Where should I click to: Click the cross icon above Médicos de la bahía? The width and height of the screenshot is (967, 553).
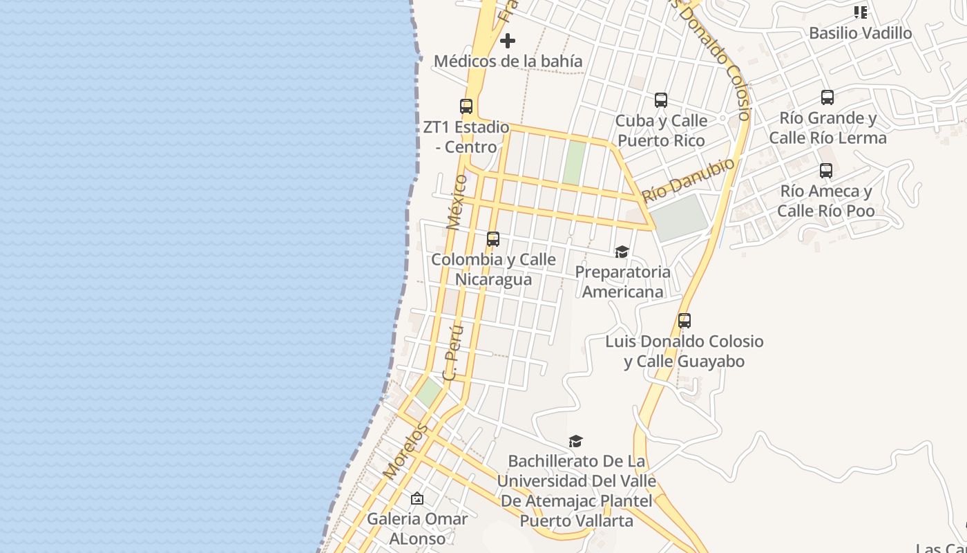click(x=508, y=41)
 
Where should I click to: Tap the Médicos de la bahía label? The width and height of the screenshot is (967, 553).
click(x=508, y=62)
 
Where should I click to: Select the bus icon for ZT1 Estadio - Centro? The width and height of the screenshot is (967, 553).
click(x=466, y=106)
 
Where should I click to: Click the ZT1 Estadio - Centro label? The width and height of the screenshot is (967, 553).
click(x=466, y=137)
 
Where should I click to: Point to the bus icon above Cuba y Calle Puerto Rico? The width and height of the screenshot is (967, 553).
click(x=661, y=100)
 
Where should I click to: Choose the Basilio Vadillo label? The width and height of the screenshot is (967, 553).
click(x=860, y=33)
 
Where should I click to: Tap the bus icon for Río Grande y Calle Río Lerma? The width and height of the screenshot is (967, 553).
click(x=827, y=97)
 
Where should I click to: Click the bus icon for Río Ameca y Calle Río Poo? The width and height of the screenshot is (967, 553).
click(x=826, y=171)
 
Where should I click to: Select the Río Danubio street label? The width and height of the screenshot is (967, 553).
click(x=688, y=180)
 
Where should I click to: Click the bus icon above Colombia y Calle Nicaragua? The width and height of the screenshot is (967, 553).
click(x=493, y=239)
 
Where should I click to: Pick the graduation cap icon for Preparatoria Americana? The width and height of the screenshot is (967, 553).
click(x=622, y=252)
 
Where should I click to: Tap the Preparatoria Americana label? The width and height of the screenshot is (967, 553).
click(x=622, y=281)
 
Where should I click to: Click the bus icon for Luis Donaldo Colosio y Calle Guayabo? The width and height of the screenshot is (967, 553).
click(x=684, y=321)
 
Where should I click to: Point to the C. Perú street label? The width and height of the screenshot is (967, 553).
click(x=452, y=353)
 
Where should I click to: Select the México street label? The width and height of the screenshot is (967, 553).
click(x=457, y=202)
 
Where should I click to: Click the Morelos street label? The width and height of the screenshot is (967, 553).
click(x=405, y=451)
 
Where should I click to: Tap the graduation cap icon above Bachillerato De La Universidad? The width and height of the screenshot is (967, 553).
click(x=576, y=441)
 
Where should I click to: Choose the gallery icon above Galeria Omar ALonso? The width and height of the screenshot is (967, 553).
click(x=417, y=498)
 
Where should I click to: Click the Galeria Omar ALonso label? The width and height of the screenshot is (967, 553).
click(x=417, y=528)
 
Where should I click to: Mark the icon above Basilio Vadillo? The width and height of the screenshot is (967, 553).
click(x=860, y=12)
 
